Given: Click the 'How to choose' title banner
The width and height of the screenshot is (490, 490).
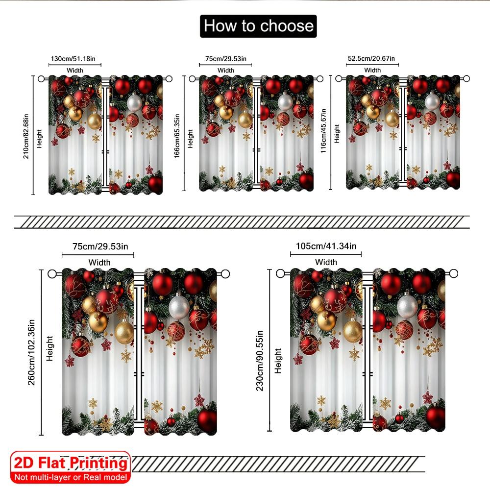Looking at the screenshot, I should pyautogui.click(x=258, y=26).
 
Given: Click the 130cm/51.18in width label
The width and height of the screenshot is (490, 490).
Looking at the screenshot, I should pyautogui.click(x=75, y=59).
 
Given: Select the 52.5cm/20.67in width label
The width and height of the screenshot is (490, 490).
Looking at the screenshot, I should pyautogui.click(x=372, y=59).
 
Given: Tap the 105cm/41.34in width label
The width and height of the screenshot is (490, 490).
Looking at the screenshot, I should pyautogui.click(x=326, y=246).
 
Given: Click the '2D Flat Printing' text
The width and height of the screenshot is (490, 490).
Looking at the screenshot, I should pyautogui.click(x=71, y=463).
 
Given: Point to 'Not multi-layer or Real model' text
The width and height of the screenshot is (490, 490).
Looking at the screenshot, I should pyautogui.click(x=71, y=477).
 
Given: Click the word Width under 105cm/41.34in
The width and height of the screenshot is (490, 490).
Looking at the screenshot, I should pyautogui.click(x=326, y=262).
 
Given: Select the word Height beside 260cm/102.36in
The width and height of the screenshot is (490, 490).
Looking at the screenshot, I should pyautogui.click(x=49, y=348).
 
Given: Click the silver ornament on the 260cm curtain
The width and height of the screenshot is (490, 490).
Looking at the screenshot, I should pyautogui.click(x=179, y=306).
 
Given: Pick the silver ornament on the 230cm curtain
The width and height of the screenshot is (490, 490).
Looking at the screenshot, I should pyautogui.click(x=408, y=305).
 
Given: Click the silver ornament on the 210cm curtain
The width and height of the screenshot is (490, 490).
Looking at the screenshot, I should pyautogui.click(x=134, y=102).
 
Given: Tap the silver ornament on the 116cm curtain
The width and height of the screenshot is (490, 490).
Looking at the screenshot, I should pyautogui.click(x=432, y=101).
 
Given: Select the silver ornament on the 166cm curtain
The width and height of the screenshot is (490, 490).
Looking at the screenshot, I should pyautogui.click(x=285, y=101).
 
